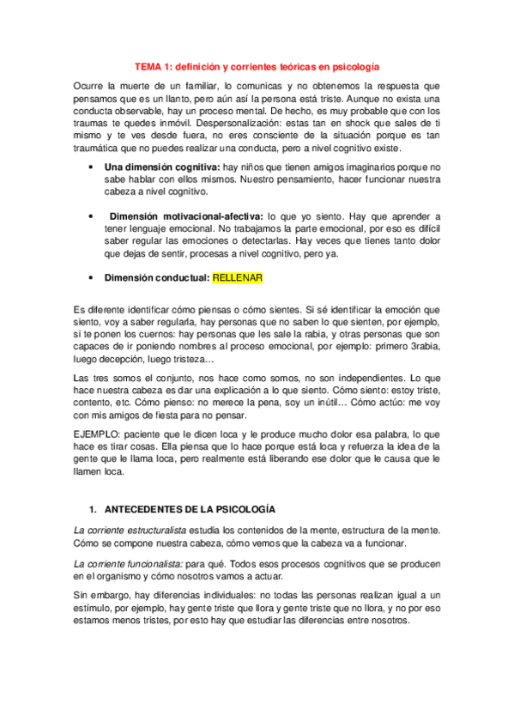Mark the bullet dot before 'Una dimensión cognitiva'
pos(91,167)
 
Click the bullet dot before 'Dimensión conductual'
pos(91,278)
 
